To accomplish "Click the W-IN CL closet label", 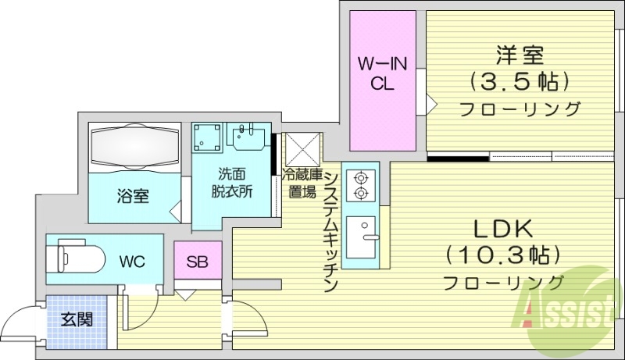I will pos(381,73).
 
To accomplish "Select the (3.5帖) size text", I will pos(519,81).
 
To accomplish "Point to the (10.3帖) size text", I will pos(504,255).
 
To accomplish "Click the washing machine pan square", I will pos(208,137).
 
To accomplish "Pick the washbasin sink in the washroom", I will pos(250,136).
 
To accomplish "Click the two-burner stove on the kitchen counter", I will pos(361,185).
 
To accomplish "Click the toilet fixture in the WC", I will pos(75,256).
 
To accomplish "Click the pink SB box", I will pos(197,260).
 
